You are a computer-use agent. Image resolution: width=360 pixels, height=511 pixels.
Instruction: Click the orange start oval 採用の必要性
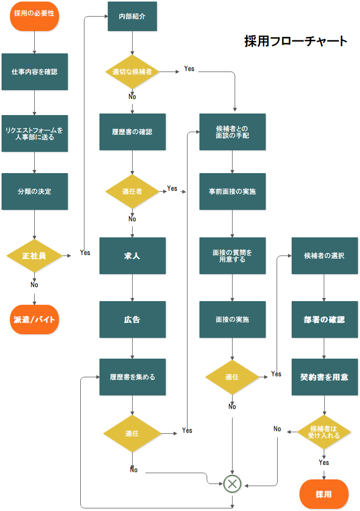pyautogui.click(x=34, y=14)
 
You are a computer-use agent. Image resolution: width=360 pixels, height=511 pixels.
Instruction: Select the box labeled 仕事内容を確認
pyautogui.click(x=35, y=72)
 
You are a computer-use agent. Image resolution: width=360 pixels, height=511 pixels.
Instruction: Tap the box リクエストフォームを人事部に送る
pyautogui.click(x=35, y=133)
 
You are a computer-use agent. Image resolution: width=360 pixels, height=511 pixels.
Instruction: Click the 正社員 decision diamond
pyautogui.click(x=34, y=256)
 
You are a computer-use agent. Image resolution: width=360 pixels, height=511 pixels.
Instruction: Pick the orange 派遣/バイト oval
pyautogui.click(x=34, y=319)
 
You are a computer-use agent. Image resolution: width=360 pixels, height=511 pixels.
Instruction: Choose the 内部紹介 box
pyautogui.click(x=132, y=16)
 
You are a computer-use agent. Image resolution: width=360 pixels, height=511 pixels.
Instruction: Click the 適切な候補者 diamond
pyautogui.click(x=132, y=72)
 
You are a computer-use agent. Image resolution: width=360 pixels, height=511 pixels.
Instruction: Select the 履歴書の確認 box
pyautogui.click(x=133, y=132)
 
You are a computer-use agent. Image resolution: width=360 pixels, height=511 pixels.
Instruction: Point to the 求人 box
pyautogui.click(x=133, y=256)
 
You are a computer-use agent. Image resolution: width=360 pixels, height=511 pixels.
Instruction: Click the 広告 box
pyautogui.click(x=133, y=320)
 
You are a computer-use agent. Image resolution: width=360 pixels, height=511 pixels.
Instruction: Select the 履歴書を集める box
pyautogui.click(x=133, y=377)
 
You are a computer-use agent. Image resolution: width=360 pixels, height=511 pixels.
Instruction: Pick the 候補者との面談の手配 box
pyautogui.click(x=233, y=132)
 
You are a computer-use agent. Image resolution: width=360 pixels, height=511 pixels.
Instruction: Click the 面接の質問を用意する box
pyautogui.click(x=233, y=256)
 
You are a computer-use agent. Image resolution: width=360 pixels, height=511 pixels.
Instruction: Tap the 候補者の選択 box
pyautogui.click(x=324, y=256)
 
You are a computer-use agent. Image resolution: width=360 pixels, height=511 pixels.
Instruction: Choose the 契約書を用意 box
pyautogui.click(x=324, y=377)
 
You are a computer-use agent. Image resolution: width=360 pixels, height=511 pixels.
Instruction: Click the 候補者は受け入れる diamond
pyautogui.click(x=324, y=432)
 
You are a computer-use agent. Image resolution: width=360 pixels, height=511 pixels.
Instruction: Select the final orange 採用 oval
pyautogui.click(x=324, y=494)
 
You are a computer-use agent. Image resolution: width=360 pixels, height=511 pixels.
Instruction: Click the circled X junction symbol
pyautogui.click(x=232, y=484)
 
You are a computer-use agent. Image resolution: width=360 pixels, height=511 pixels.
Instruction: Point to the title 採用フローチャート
pyautogui.click(x=296, y=42)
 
